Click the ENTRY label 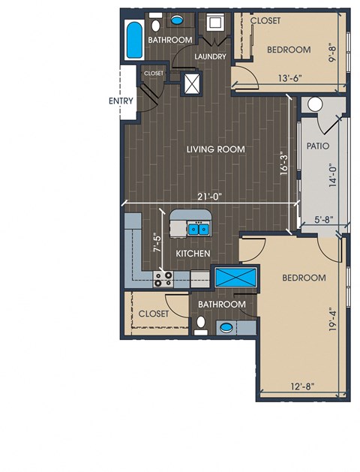click(121, 101)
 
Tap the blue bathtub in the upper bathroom click(134, 41)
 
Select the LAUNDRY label click(210, 56)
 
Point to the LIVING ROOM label click(216, 149)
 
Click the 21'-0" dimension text click(209, 197)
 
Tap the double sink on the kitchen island click(199, 230)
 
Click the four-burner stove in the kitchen click(163, 278)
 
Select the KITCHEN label click(193, 254)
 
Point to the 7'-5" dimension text click(157, 242)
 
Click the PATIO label click(318, 146)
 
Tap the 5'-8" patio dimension click(323, 219)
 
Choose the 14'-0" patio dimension click(333, 175)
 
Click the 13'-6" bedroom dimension click(289, 79)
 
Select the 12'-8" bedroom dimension click(302, 386)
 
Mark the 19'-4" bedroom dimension click(332, 320)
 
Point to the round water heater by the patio click(314, 105)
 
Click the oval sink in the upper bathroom click(177, 20)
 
